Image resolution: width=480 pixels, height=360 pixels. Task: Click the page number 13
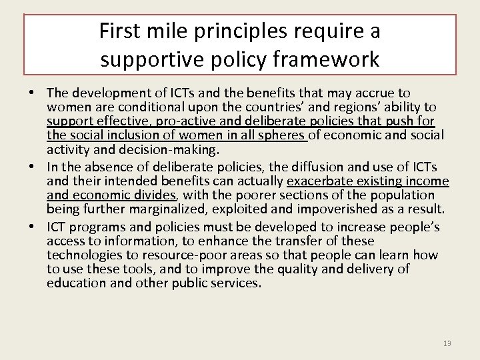point(447,343)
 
